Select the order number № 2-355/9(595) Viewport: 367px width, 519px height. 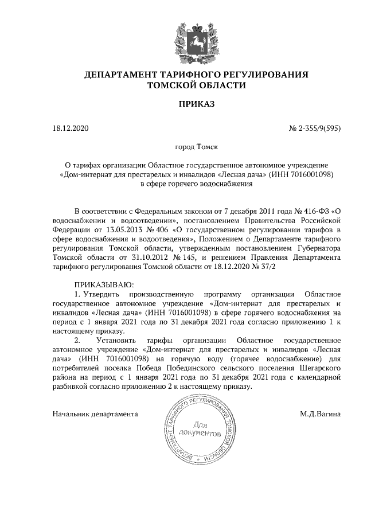click(313, 128)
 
